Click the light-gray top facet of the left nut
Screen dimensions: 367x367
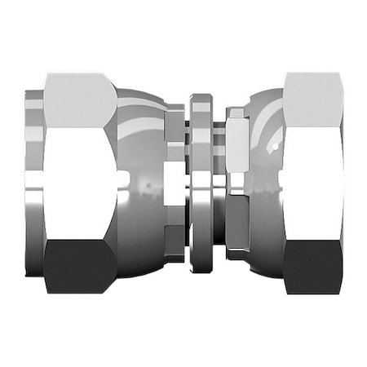click(79, 100)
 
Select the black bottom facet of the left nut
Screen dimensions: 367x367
click(79, 266)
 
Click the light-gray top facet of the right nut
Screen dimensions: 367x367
click(312, 99)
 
